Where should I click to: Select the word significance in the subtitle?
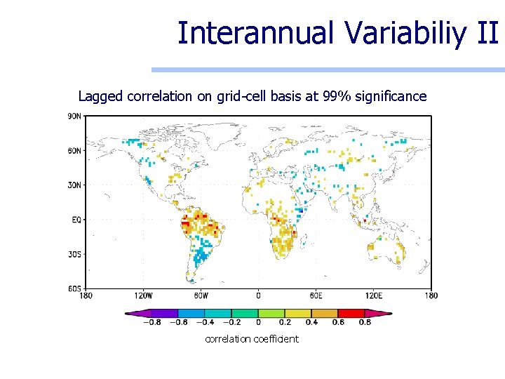(391, 96)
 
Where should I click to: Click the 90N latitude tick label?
(74, 116)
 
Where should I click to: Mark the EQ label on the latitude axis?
(76, 220)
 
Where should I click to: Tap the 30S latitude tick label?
(74, 254)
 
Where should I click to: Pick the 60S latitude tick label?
(74, 288)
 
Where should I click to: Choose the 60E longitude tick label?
(316, 295)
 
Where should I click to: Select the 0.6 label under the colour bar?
(339, 323)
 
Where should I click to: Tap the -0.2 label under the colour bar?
(231, 323)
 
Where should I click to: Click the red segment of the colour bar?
(351, 313)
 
